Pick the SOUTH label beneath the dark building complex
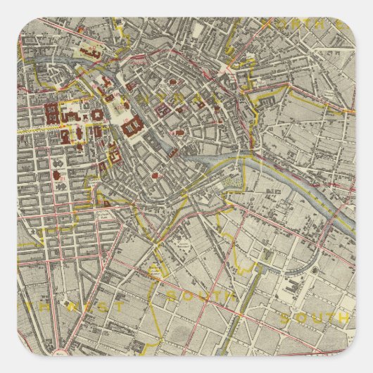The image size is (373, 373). click(x=313, y=319)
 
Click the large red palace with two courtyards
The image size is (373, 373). click(x=132, y=127)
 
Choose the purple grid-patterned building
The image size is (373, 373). click(x=165, y=110)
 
